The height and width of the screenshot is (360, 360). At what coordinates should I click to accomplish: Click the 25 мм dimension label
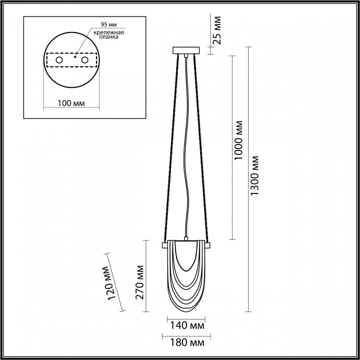216,30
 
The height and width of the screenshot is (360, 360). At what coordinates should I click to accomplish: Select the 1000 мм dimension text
238,140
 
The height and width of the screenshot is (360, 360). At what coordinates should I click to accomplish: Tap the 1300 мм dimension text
254,175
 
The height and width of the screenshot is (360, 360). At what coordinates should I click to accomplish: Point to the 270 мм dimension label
139,282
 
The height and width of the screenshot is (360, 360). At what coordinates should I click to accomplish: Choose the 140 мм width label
187,325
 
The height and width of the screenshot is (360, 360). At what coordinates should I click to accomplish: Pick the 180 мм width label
187,343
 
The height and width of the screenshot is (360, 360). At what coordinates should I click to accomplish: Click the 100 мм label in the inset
71,103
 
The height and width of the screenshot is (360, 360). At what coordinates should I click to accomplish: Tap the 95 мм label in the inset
109,24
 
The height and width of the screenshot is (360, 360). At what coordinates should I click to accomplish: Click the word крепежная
109,32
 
